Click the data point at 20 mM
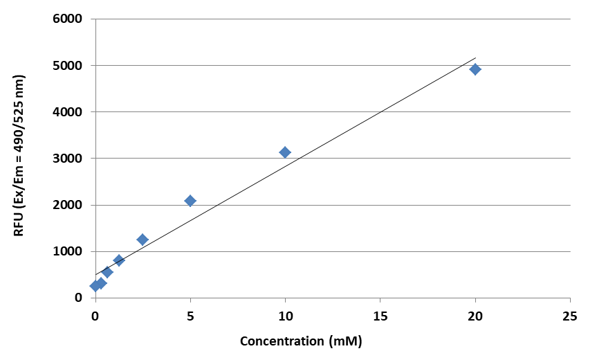(475, 69)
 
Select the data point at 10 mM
(285, 152)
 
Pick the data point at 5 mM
(190, 201)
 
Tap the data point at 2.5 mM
(143, 240)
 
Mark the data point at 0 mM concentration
(95, 286)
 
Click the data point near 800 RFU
(119, 260)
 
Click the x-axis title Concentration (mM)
(301, 341)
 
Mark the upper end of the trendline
(475, 58)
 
